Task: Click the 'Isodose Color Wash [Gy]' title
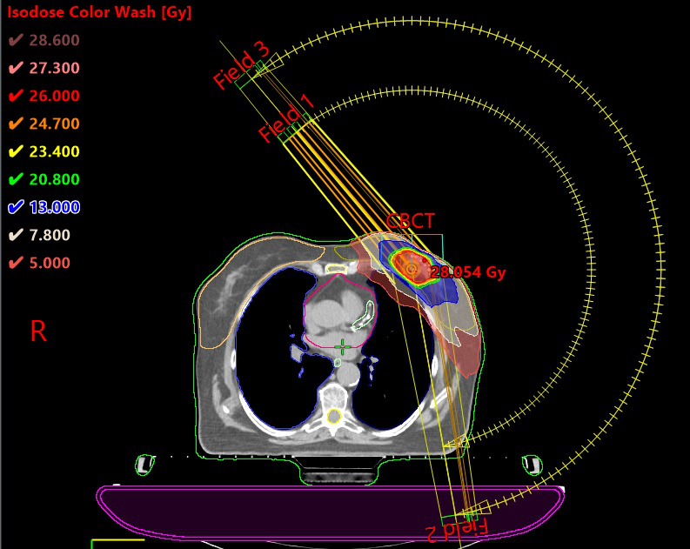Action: (x=100, y=13)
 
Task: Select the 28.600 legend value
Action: (x=54, y=40)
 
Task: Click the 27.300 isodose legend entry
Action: (x=54, y=68)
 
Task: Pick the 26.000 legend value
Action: (x=54, y=96)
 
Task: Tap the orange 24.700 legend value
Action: (x=54, y=124)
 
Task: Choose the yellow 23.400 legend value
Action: (x=54, y=151)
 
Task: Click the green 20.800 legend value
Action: (x=54, y=179)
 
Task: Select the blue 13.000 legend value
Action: (x=54, y=207)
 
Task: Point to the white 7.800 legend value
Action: (x=50, y=235)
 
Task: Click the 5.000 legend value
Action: (x=50, y=263)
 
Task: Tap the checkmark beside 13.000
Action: (x=15, y=207)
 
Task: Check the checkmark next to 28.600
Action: (x=15, y=40)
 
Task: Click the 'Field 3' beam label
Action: (x=241, y=65)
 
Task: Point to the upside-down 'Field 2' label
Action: (x=456, y=527)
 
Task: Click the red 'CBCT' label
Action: (x=410, y=220)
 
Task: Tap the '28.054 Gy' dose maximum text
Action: (x=468, y=272)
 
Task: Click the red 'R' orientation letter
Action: (x=38, y=331)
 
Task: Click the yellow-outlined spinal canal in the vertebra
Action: (x=333, y=416)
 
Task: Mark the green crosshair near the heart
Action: (x=344, y=346)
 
